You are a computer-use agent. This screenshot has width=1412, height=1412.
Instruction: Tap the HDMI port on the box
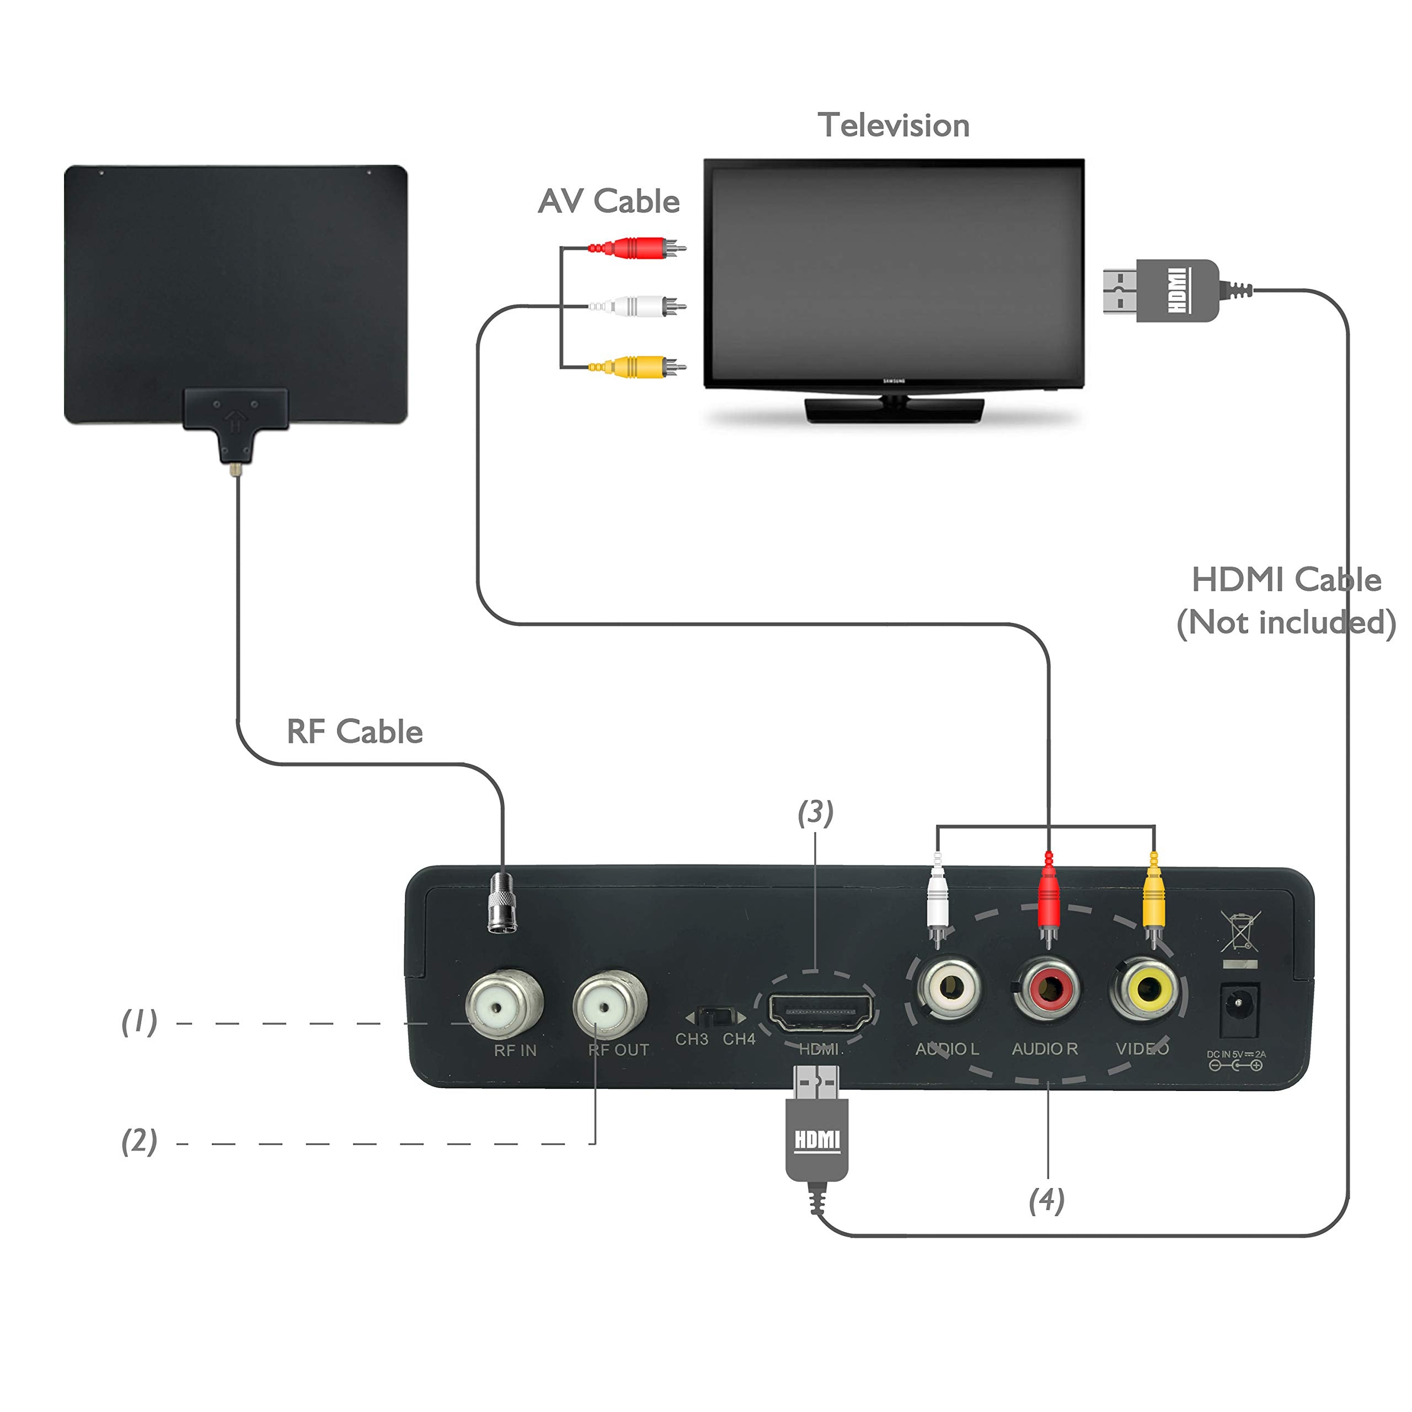click(821, 1012)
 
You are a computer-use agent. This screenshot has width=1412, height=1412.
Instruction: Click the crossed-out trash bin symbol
click(1240, 930)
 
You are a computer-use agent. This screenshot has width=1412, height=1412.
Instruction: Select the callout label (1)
click(139, 1021)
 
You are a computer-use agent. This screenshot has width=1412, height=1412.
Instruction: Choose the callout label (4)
click(1046, 1200)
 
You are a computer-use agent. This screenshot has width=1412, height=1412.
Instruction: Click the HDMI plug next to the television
click(1162, 290)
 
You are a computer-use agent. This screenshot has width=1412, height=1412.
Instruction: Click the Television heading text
click(893, 126)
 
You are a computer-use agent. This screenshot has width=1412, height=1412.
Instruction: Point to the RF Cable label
click(355, 731)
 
